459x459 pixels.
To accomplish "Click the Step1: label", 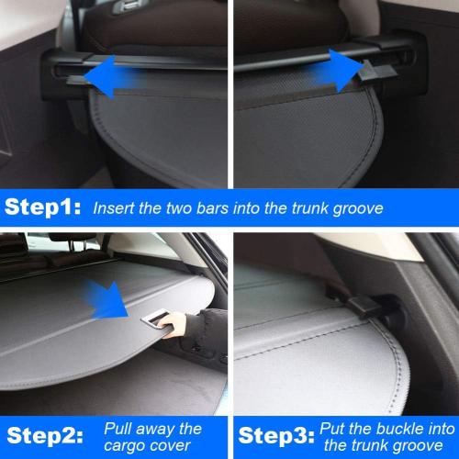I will [45, 207].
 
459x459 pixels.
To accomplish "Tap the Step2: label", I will [45, 434].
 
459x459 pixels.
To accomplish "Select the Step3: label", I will [273, 434].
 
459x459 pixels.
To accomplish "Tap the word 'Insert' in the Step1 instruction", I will [115, 208].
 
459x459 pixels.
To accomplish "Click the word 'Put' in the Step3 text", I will [333, 427].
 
